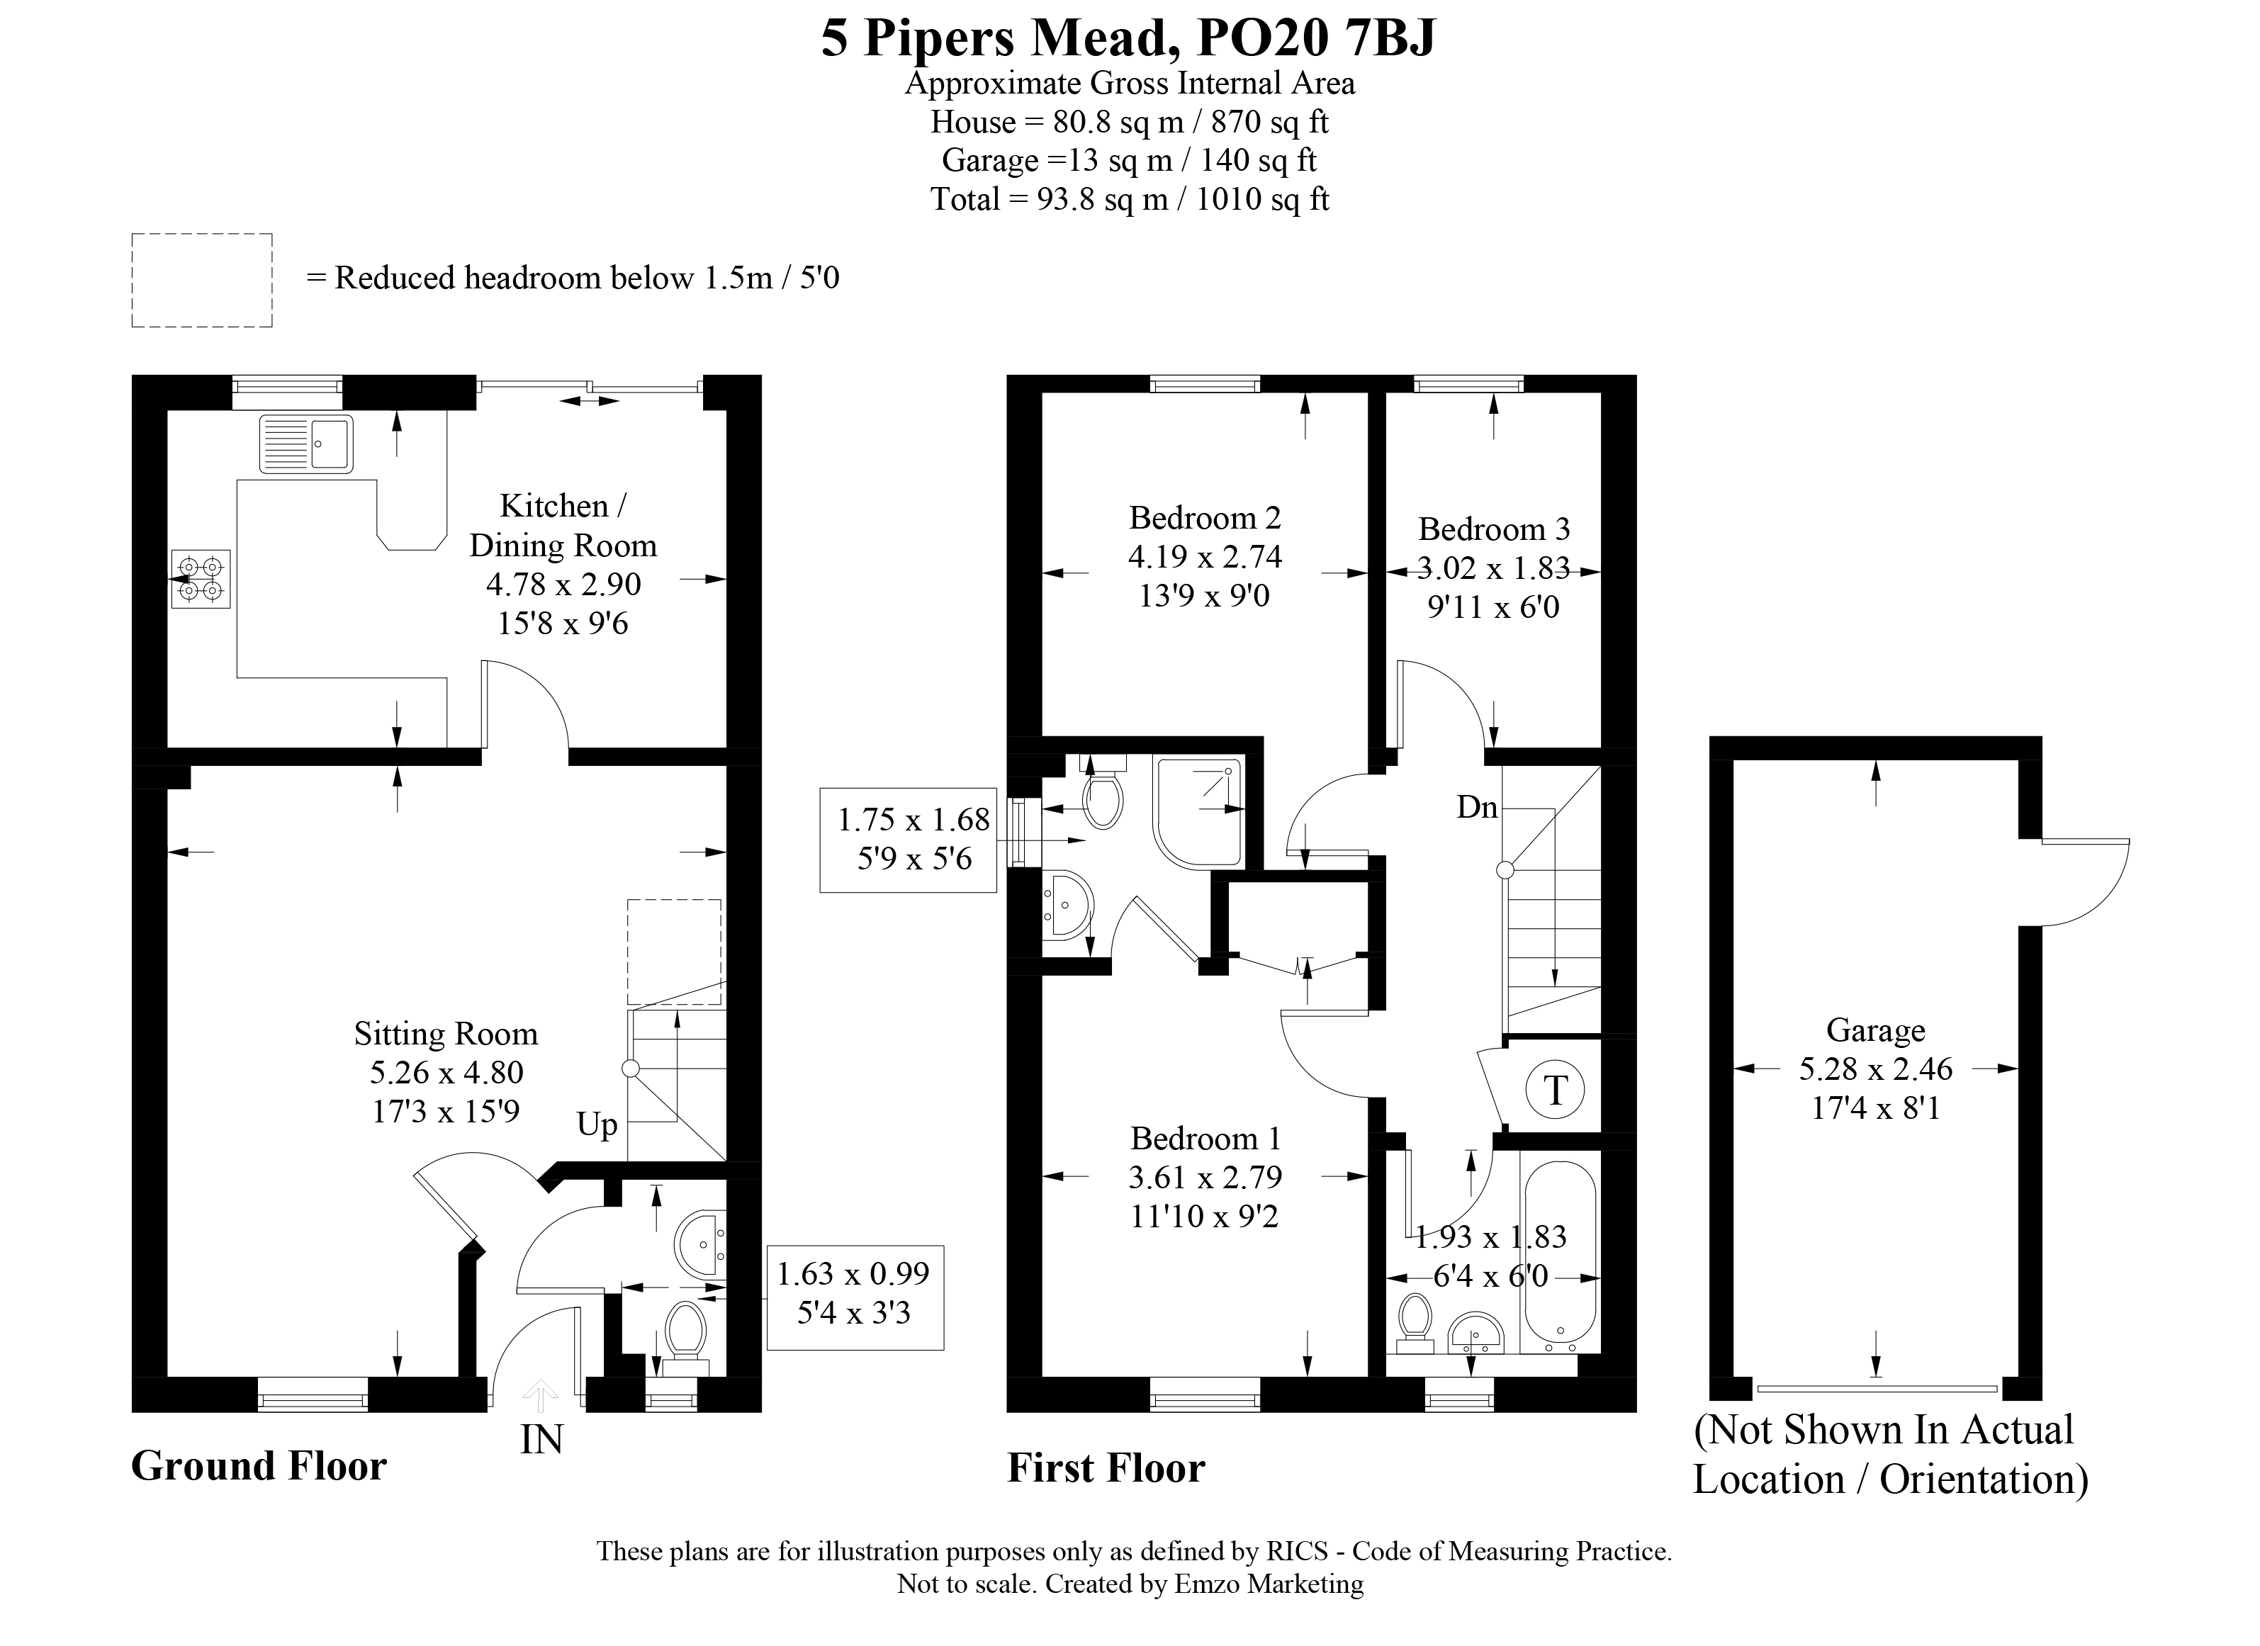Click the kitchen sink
306,444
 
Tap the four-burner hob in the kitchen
201,579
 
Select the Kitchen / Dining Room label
563,526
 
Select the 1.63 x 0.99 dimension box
855,1297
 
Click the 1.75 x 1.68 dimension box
908,840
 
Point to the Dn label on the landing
1477,807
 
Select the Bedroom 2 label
1205,518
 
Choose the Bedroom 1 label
1205,1138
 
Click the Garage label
1875,1030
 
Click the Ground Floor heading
259,1465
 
